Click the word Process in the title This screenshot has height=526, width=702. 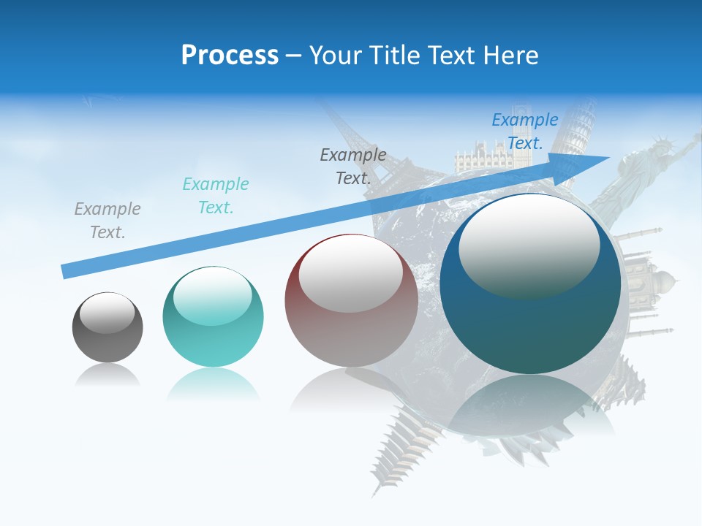click(x=230, y=55)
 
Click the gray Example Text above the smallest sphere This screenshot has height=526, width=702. click(x=107, y=221)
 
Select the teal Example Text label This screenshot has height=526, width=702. click(x=216, y=196)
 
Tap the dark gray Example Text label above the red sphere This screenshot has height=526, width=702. click(x=353, y=167)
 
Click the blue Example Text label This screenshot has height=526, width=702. click(x=525, y=131)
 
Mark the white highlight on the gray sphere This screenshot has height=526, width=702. click(x=107, y=313)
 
